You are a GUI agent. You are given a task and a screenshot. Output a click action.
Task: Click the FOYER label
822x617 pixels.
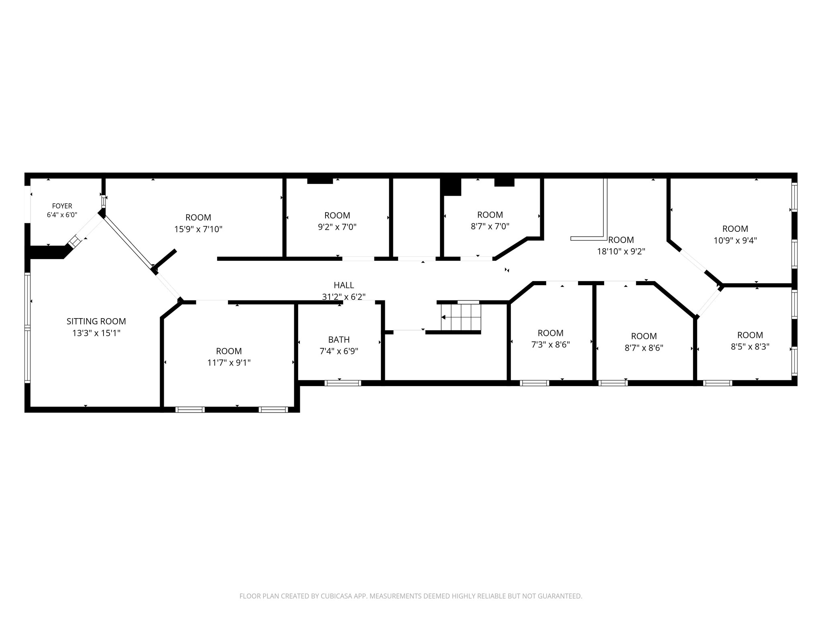[x=62, y=206]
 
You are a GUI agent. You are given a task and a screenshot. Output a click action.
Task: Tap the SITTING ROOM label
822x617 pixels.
[x=96, y=321]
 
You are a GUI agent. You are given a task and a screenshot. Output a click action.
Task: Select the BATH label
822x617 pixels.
[x=339, y=339]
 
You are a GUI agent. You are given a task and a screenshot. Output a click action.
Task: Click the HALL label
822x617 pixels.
[x=344, y=285]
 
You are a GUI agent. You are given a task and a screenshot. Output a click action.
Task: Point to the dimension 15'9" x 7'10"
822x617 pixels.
[x=198, y=229]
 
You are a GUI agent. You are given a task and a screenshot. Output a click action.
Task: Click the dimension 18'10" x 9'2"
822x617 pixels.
[x=621, y=252]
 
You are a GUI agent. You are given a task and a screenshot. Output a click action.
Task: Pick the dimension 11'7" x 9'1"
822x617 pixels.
[x=229, y=363]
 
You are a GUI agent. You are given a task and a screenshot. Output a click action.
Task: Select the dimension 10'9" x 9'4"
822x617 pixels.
[x=735, y=241]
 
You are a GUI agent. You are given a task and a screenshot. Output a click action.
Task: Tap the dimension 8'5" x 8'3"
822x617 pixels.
[x=750, y=347]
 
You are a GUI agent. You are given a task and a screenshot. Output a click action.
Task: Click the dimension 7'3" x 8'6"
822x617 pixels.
[x=551, y=345]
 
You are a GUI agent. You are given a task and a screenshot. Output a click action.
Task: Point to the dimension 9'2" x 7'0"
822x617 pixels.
[x=337, y=227]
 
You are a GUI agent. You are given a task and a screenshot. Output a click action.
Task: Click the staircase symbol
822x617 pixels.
[x=461, y=317]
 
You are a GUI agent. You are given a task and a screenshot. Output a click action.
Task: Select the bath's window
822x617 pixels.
[x=343, y=383]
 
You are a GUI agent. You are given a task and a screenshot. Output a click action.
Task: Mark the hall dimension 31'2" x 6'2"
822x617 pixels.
[x=344, y=297]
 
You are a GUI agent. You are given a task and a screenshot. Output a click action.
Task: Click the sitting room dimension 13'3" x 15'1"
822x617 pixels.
[x=96, y=333]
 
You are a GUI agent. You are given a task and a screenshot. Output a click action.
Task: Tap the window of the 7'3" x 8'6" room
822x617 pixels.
[x=534, y=383]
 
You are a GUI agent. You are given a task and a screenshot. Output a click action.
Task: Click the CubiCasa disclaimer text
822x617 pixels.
[x=411, y=596]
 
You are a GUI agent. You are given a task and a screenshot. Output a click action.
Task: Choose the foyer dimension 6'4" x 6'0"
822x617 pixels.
[x=62, y=215]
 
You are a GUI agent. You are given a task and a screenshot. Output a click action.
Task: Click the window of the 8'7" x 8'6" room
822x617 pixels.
[x=613, y=383]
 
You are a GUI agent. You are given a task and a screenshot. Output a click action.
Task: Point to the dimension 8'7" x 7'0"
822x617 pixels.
[x=490, y=227]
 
